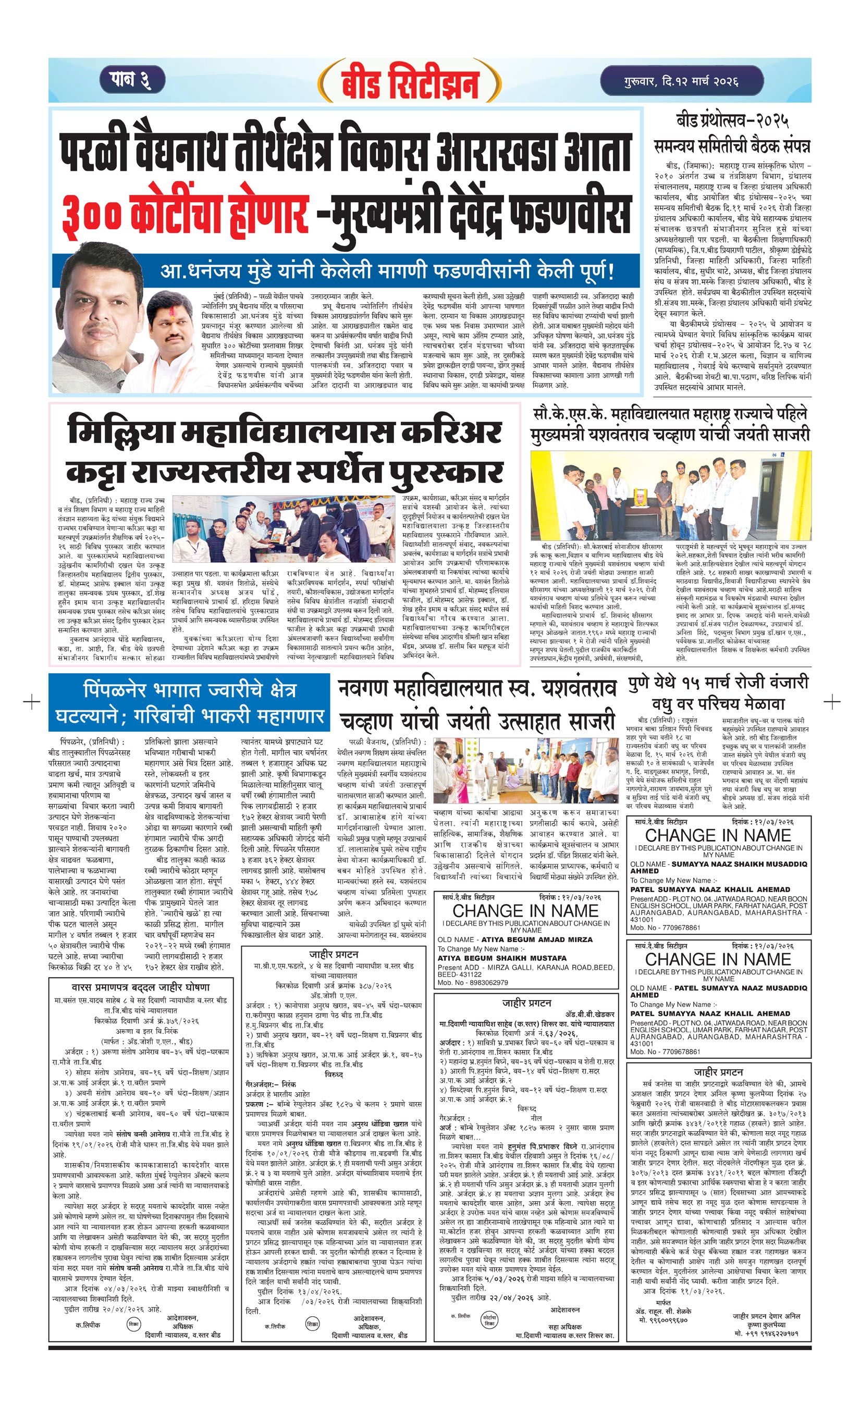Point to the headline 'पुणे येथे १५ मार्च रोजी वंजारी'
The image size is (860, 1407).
718,684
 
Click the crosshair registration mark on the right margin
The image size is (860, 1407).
832,700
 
